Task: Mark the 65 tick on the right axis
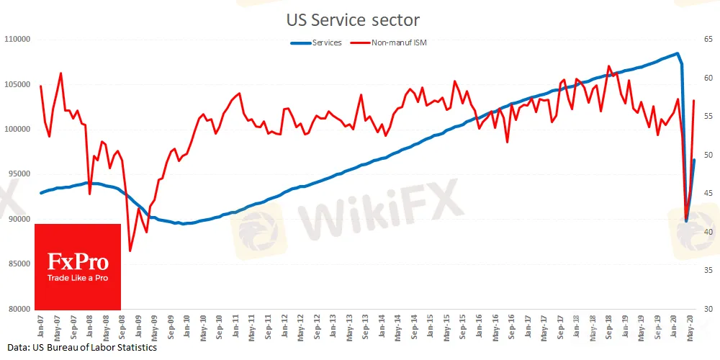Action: (x=708, y=39)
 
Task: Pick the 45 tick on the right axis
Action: (x=708, y=193)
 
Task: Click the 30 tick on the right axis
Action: (x=708, y=310)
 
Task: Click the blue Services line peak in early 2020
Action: (x=677, y=53)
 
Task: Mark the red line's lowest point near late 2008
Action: (x=130, y=251)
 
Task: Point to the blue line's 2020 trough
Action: (x=686, y=220)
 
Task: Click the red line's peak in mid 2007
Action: (x=60, y=73)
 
